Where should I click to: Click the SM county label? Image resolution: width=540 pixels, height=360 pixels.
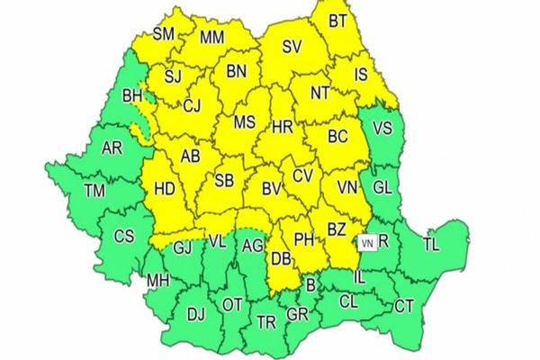coord(163,35)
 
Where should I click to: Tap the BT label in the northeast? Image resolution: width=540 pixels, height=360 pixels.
coord(337,19)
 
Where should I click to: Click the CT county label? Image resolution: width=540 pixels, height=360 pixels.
coord(404,307)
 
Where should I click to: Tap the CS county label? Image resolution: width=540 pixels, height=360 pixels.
coord(124,237)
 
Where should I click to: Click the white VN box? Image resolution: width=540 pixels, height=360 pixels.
coord(366,242)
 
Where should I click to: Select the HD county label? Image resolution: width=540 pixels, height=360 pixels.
coord(166,190)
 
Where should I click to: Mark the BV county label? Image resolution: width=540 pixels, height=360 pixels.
coord(271,190)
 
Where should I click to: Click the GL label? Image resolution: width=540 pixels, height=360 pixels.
coord(382,186)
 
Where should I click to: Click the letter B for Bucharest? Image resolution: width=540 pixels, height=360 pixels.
coord(311,285)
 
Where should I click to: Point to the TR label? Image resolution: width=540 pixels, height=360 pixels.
coord(266,322)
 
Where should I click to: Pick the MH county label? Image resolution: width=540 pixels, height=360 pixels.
coord(158,282)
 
